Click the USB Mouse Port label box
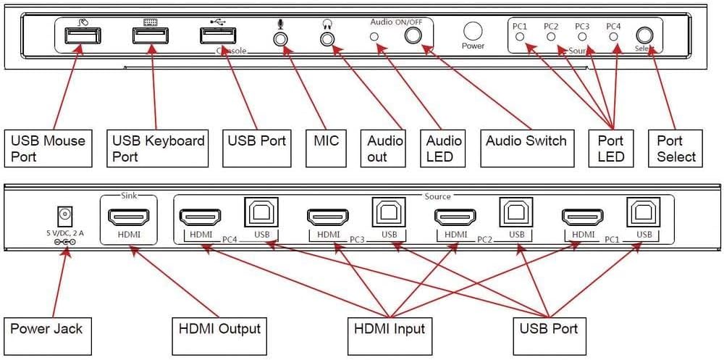49,148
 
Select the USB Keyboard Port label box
157,148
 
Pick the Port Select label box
676,148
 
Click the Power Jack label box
47,330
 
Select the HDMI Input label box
390,330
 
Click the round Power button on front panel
473,31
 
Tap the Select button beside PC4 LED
644,35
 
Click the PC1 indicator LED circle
520,35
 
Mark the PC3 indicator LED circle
582,35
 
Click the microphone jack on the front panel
280,38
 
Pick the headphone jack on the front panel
328,38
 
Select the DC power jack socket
65,215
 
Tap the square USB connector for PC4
262,214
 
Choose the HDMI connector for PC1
583,216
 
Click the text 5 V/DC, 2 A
66,233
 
